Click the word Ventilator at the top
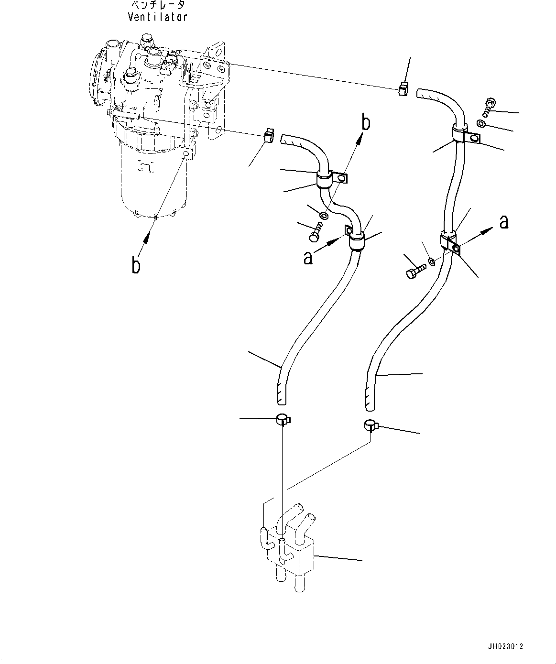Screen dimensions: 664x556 [158, 17]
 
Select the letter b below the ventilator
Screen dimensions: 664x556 [136, 265]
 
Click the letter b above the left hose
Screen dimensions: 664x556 [365, 123]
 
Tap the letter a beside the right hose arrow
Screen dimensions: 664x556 [503, 222]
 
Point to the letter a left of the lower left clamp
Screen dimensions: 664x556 [309, 258]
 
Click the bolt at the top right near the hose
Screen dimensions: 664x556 [491, 106]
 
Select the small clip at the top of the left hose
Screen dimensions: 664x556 [269, 136]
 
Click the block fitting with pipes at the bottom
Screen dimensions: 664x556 [290, 550]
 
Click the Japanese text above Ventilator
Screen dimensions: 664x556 [158, 5]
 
